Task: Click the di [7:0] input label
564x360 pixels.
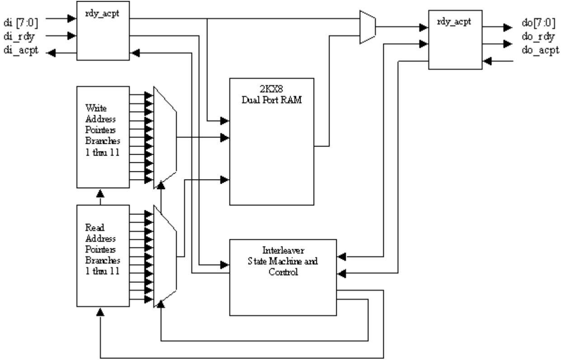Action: [21, 23]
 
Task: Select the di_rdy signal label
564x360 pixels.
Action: [19, 37]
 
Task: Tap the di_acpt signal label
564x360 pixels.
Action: [21, 50]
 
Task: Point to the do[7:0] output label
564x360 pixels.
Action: [539, 23]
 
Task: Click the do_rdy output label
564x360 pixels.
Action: [538, 37]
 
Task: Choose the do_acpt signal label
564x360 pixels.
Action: [540, 50]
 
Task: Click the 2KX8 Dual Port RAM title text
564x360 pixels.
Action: [272, 95]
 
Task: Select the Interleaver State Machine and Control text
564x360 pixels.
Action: [283, 261]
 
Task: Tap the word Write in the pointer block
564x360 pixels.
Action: [96, 108]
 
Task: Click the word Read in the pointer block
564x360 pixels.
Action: [94, 227]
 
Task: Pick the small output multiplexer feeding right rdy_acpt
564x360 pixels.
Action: [368, 27]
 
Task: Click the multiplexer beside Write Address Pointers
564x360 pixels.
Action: [165, 137]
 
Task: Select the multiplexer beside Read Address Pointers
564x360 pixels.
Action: [165, 256]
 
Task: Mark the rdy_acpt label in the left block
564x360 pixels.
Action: [102, 14]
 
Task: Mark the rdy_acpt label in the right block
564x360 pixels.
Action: [454, 22]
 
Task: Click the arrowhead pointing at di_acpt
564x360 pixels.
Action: [51, 53]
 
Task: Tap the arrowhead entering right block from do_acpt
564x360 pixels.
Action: [487, 61]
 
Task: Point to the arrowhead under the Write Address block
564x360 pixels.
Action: [100, 194]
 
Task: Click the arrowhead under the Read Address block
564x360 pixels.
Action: [100, 312]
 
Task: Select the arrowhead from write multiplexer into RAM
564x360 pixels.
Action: [225, 137]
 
